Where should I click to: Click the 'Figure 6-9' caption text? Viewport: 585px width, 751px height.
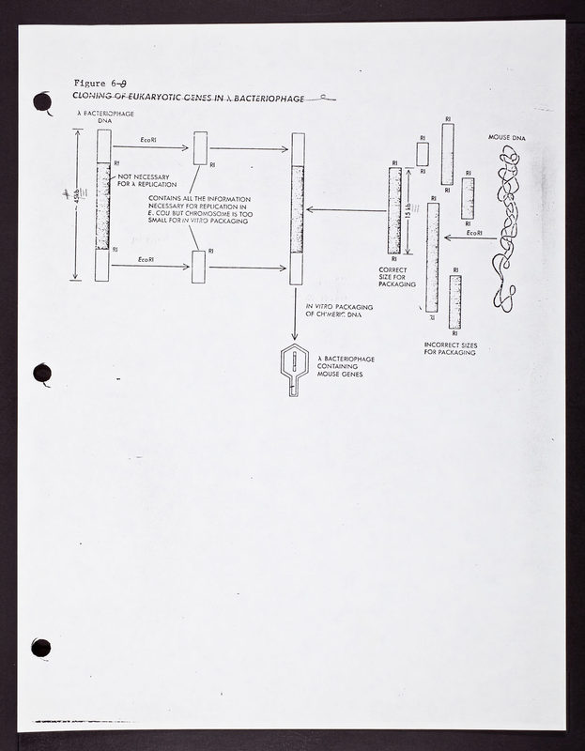click(x=105, y=83)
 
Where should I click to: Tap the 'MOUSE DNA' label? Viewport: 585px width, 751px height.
click(x=507, y=138)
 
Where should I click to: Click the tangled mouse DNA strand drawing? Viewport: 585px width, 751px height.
click(x=507, y=225)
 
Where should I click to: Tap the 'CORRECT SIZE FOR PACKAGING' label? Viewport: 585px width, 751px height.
click(x=386, y=280)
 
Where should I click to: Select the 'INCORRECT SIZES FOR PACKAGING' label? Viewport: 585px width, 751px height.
click(x=451, y=349)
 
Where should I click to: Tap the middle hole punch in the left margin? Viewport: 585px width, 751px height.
click(x=42, y=374)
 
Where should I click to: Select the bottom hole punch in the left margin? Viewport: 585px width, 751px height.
click(x=40, y=647)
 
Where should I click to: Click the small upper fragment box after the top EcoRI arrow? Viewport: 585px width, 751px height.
click(x=200, y=148)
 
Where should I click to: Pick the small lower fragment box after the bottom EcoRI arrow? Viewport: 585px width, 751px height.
click(x=198, y=267)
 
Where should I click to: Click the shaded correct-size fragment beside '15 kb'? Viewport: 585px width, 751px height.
click(x=394, y=210)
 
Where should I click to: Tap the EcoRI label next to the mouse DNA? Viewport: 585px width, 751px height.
click(x=474, y=233)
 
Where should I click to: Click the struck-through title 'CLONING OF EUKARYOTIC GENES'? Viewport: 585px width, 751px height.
click(x=188, y=98)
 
